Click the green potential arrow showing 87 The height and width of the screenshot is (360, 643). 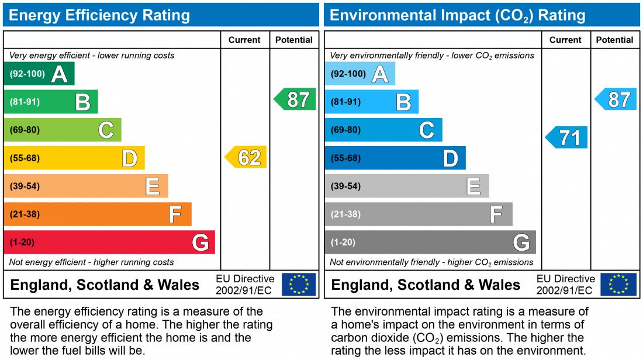click(x=296, y=99)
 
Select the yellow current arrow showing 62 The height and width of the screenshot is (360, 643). click(x=247, y=157)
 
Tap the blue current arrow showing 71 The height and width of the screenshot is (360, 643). click(x=567, y=138)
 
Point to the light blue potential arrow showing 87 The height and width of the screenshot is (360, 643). click(x=617, y=99)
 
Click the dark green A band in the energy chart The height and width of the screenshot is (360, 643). click(x=39, y=74)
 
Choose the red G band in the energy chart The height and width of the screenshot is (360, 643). click(x=109, y=242)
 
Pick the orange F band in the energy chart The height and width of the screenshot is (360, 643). click(x=97, y=214)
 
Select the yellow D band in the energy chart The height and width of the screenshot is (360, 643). click(x=74, y=158)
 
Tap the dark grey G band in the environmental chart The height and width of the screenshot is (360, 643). click(x=430, y=242)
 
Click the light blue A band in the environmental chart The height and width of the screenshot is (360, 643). click(x=359, y=74)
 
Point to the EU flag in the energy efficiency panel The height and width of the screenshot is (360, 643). click(x=299, y=285)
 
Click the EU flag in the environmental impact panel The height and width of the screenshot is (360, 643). click(x=620, y=285)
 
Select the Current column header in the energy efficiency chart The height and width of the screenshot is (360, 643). click(x=244, y=40)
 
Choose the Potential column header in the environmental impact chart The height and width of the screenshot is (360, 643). click(x=614, y=40)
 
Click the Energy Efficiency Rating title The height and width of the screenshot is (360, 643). click(x=99, y=15)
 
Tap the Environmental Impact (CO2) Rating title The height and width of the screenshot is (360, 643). click(x=458, y=15)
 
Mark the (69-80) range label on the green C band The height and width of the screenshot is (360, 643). click(x=25, y=130)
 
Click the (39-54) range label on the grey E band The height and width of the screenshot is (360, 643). click(x=345, y=186)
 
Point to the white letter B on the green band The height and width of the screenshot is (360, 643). click(x=83, y=102)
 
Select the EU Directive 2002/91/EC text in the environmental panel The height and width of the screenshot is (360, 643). click(x=565, y=285)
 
